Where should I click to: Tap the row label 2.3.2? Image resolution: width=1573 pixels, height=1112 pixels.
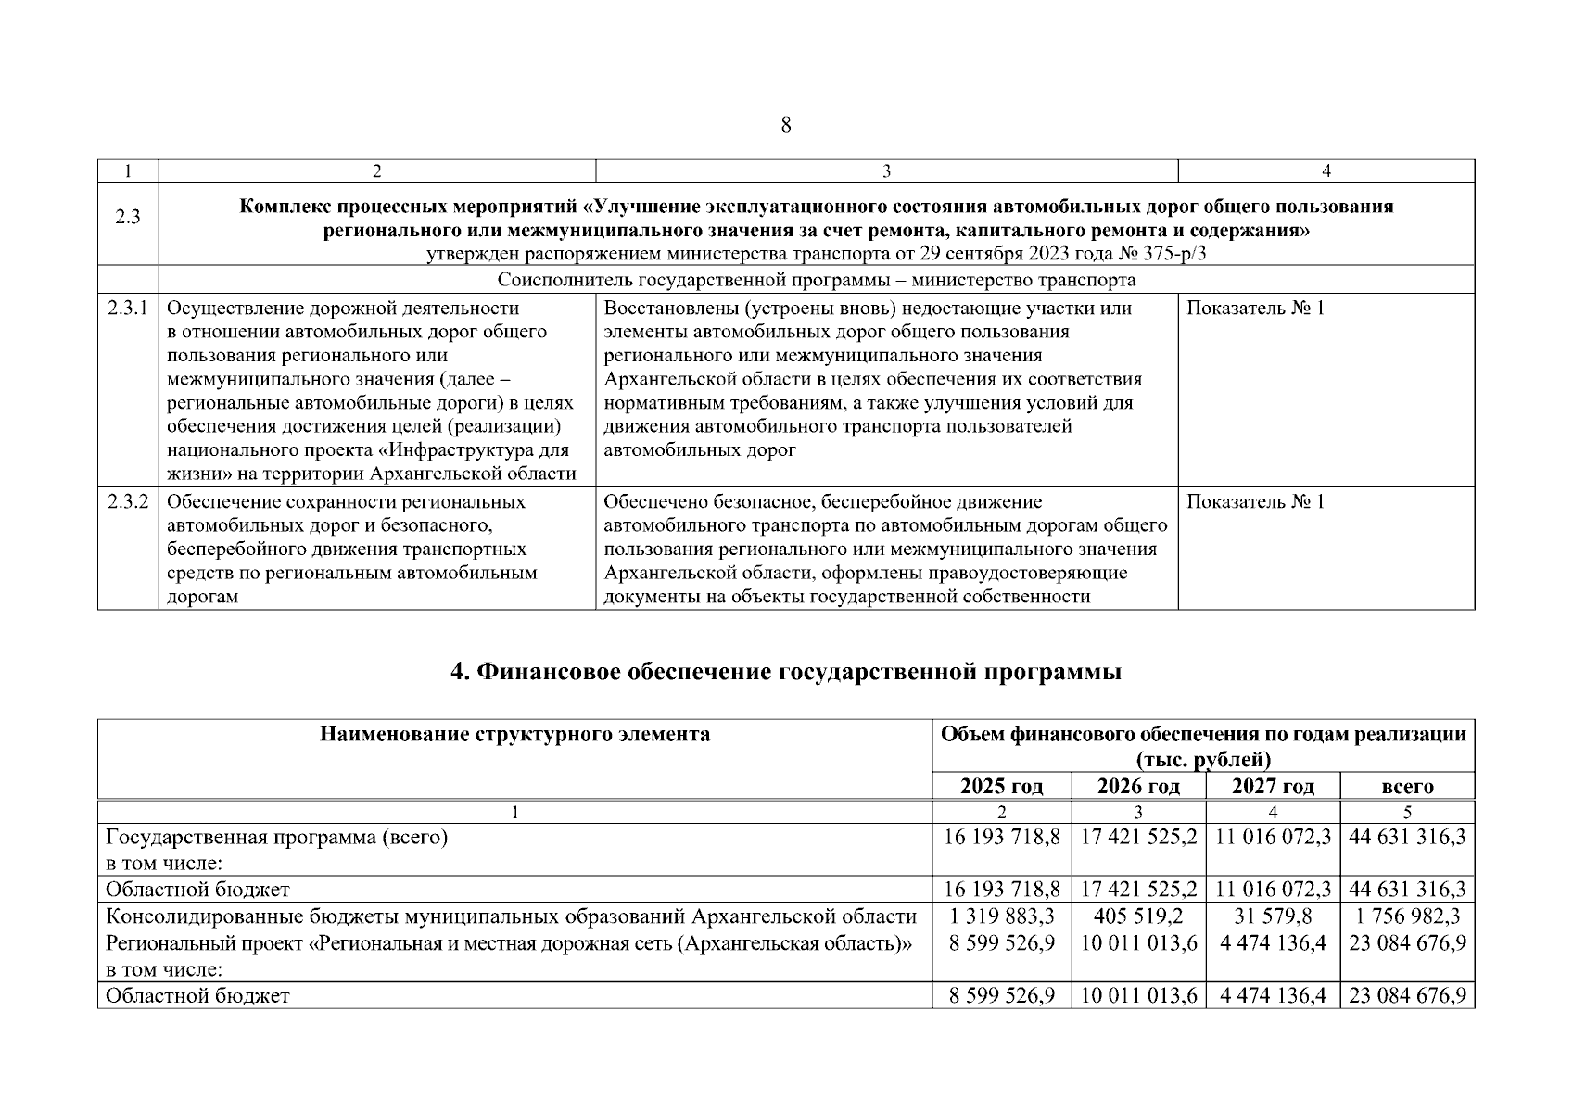(128, 501)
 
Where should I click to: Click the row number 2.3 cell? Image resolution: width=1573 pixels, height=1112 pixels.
(128, 218)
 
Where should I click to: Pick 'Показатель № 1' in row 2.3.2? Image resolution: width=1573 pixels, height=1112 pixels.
(1255, 501)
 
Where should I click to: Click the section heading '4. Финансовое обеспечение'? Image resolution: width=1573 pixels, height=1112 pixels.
(786, 672)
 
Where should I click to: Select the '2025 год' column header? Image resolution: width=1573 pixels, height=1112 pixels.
(1001, 787)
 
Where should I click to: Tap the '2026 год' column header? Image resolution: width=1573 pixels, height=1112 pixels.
(1138, 787)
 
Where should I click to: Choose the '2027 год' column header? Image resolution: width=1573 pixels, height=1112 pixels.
(1273, 787)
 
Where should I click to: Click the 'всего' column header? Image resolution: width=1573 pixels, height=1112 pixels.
(1407, 787)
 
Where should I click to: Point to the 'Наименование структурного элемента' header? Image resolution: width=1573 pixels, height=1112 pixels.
(515, 735)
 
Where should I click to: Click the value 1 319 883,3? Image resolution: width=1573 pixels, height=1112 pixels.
(1001, 916)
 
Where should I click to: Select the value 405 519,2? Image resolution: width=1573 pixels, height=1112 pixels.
(1138, 916)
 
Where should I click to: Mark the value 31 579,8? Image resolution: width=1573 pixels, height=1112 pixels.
(1273, 916)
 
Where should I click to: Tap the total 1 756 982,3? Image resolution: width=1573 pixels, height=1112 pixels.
(1407, 916)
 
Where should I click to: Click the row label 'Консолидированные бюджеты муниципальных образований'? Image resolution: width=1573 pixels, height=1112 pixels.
(511, 916)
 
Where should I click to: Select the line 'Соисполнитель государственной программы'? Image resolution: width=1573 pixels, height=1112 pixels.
(816, 280)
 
